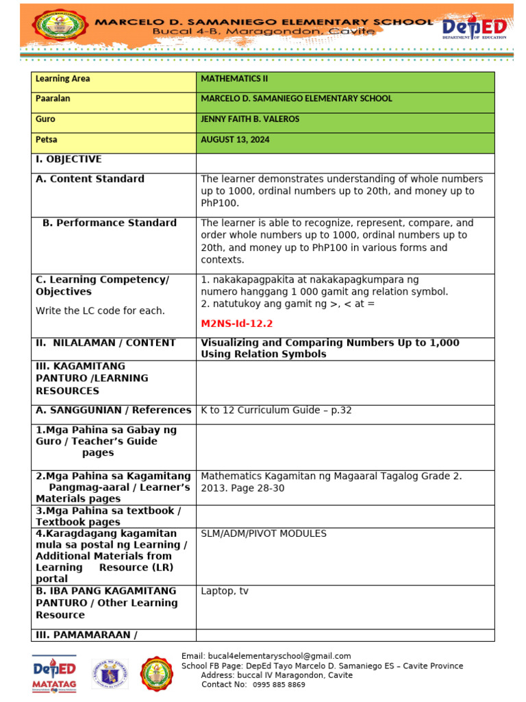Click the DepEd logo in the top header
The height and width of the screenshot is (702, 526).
click(474, 28)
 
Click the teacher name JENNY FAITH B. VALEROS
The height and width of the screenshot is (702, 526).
click(250, 119)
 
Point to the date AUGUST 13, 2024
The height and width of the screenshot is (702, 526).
click(235, 140)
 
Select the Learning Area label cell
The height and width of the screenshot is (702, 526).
click(63, 79)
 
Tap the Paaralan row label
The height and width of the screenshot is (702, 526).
click(53, 99)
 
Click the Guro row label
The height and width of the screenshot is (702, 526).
click(45, 119)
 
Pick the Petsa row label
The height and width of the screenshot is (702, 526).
click(47, 140)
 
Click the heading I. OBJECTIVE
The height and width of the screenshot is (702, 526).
click(68, 159)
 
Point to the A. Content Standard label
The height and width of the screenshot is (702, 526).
click(90, 179)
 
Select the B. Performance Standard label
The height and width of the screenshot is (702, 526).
click(110, 223)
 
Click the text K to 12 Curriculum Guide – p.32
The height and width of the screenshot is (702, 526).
click(276, 411)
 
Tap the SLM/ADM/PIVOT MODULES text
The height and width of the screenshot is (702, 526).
click(264, 533)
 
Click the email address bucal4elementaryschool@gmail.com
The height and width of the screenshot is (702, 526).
click(266, 656)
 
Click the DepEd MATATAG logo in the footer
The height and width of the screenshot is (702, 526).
click(54, 673)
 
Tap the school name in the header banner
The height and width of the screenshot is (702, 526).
click(264, 22)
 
